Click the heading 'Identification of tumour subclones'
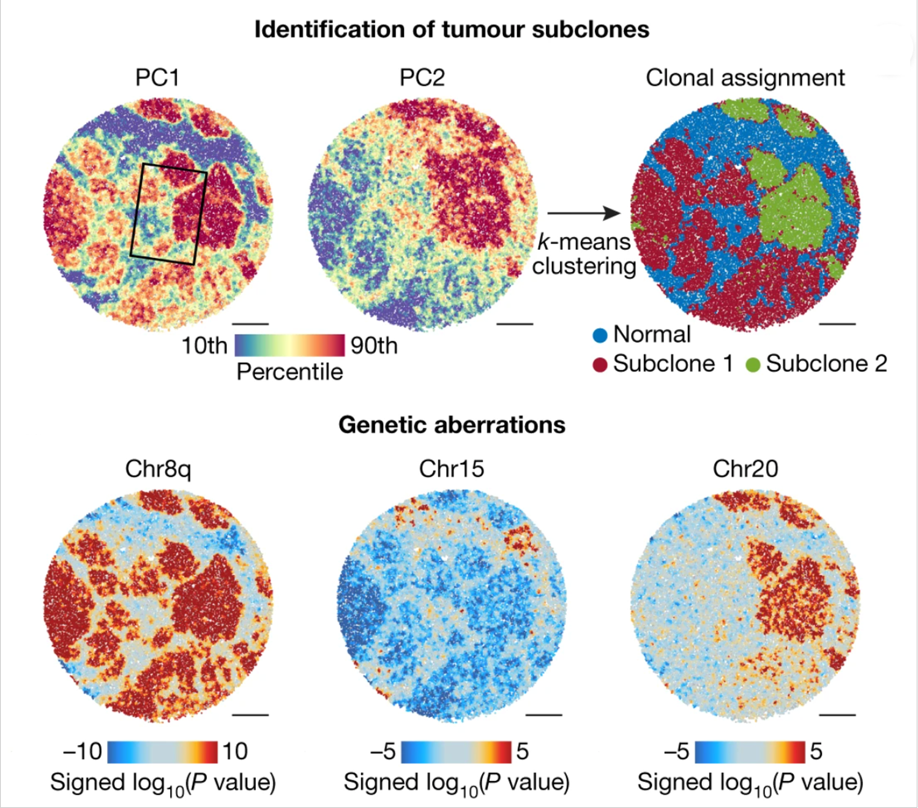[452, 29]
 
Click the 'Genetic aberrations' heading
[452, 425]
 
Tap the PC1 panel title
[157, 78]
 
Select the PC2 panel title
[422, 78]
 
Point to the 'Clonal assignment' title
[745, 78]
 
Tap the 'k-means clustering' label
[583, 254]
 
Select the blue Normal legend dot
[600, 335]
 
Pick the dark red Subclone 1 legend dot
[600, 364]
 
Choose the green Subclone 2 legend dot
[753, 364]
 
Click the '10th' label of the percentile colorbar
[204, 346]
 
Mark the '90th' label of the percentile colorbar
[373, 346]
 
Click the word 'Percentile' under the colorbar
[289, 372]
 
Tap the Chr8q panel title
[158, 469]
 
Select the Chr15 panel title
[451, 469]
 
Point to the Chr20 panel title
[745, 469]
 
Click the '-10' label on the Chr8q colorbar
[82, 751]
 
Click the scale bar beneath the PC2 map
[515, 323]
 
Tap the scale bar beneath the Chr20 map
[837, 714]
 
